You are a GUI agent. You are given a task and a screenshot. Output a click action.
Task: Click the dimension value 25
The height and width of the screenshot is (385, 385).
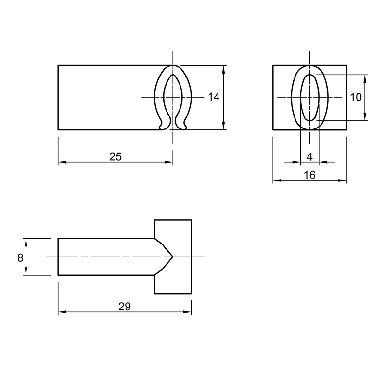[x=115, y=157]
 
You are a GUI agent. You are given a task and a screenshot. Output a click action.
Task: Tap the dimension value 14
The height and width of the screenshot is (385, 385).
[x=214, y=97]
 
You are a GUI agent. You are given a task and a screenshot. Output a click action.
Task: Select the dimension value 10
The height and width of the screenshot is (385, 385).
[x=356, y=97]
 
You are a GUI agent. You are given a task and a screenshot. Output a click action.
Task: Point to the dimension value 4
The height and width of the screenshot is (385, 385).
[x=309, y=157]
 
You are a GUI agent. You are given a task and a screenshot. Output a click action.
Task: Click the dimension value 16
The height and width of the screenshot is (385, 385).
[x=309, y=175]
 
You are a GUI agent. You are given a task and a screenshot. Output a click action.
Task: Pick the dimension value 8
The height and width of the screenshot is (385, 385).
[x=20, y=258]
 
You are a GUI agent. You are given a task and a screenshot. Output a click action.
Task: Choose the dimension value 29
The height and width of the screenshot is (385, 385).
[x=125, y=307]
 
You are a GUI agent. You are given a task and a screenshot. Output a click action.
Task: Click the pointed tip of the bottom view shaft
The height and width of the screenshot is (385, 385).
[x=173, y=257]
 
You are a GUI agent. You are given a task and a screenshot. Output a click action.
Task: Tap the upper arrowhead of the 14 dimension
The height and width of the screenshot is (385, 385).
[x=223, y=69]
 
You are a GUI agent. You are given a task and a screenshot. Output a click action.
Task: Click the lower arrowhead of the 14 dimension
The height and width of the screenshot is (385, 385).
[x=223, y=126]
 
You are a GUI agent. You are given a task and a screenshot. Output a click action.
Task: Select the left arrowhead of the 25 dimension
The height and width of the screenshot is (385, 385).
[x=62, y=162]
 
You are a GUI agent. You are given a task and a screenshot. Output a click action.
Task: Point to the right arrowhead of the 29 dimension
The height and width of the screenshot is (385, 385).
[x=187, y=312]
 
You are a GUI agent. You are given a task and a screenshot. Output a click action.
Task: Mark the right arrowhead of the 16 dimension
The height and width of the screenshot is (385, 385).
[x=343, y=180]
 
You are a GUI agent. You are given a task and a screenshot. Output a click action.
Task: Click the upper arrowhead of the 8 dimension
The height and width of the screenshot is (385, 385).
[x=26, y=242]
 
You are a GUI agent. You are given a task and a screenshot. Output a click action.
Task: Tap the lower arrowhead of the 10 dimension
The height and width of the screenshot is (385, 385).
[x=365, y=116]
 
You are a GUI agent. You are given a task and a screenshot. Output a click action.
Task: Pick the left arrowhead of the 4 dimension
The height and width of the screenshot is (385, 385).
[x=296, y=162]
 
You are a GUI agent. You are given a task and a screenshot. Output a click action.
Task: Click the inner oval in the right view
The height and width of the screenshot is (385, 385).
[x=301, y=98]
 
